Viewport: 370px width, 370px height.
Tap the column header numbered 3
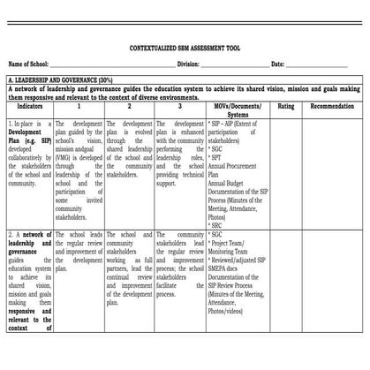pyautogui.click(x=179, y=105)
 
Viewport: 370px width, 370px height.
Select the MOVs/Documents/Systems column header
pyautogui.click(x=238, y=109)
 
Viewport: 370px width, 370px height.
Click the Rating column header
pyautogui.click(x=286, y=105)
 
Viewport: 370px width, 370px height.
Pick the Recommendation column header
pyautogui.click(x=332, y=105)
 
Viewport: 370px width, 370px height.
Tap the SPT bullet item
pyautogui.click(x=218, y=157)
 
